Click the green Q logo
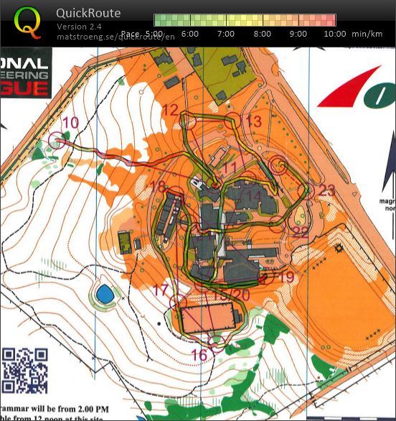pos(28,22)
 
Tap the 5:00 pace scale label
pos(154,34)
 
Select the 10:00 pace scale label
pos(334,34)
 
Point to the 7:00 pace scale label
pos(226,34)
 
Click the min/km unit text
pos(367,34)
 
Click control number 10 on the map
pos(70,123)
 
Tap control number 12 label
pos(169,109)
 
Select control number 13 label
pos(253,121)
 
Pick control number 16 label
pos(199,354)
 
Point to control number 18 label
pos(158,188)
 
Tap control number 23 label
pos(326,190)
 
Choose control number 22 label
pos(301,231)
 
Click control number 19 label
pos(286,277)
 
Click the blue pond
pos(104,293)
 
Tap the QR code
pos(25,370)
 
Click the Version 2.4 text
pos(78,27)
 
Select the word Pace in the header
pos(130,34)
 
